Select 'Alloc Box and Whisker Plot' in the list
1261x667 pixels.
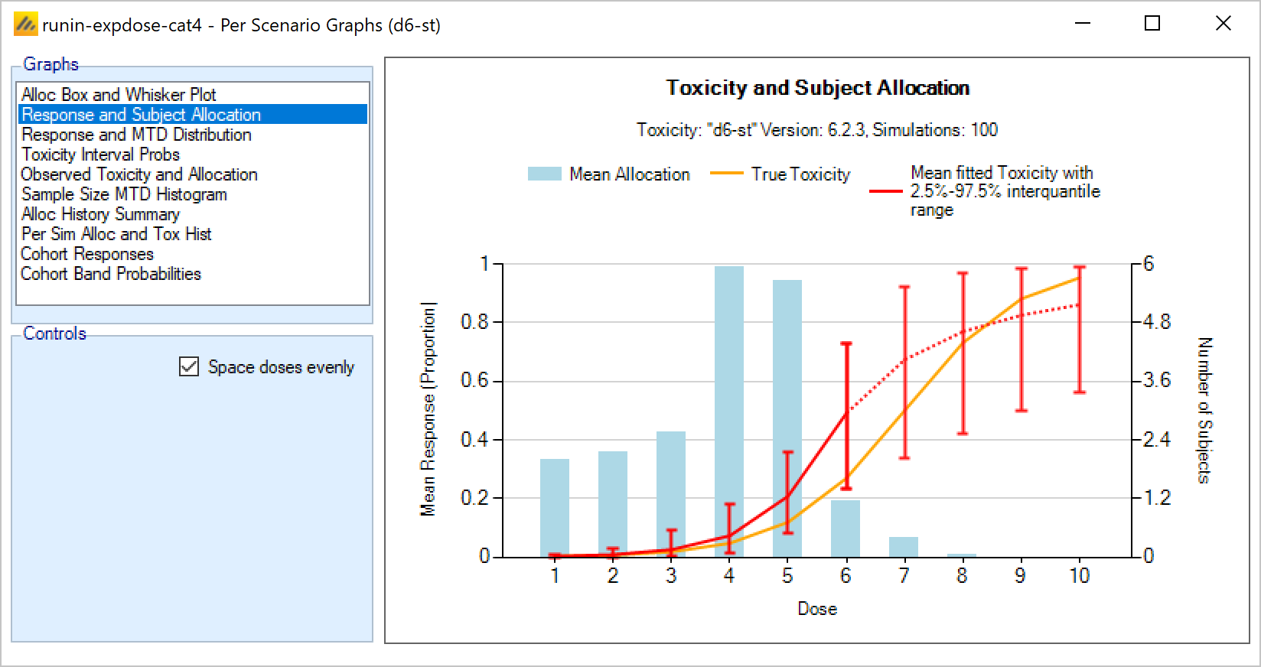click(119, 95)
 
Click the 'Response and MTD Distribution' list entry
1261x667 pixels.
click(136, 135)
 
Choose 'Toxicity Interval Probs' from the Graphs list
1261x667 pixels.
click(100, 155)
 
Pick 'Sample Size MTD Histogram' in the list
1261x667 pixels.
click(124, 194)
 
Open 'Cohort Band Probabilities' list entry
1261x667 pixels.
click(111, 274)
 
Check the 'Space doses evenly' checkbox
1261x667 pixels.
click(189, 367)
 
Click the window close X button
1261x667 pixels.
click(1223, 24)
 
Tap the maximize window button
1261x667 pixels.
click(1152, 24)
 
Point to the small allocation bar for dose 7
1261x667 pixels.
click(904, 546)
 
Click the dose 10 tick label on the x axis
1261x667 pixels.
click(1079, 575)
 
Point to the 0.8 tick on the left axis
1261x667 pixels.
click(474, 322)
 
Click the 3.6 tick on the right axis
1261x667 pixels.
click(1156, 380)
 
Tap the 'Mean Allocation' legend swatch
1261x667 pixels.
click(544, 174)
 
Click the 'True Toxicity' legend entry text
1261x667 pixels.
click(800, 174)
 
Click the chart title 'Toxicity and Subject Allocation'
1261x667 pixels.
click(817, 88)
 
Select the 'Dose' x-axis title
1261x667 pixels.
click(817, 609)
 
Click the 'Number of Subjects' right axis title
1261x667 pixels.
click(1204, 410)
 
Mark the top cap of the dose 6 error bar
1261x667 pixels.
click(846, 343)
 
